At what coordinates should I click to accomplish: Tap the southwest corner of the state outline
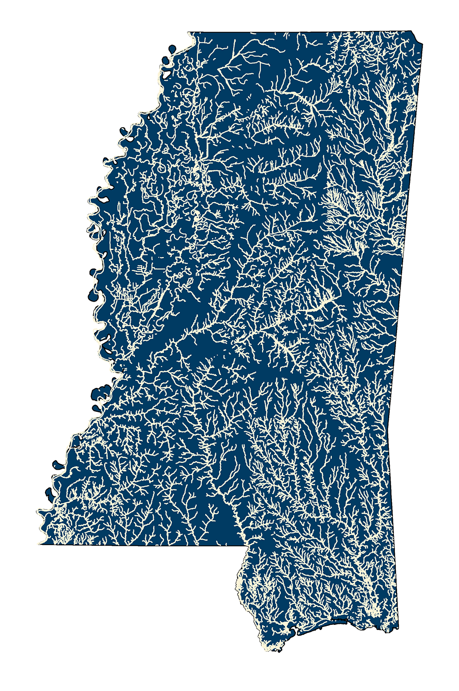coord(40,544)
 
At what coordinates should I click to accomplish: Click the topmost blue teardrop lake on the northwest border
coord(172,49)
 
